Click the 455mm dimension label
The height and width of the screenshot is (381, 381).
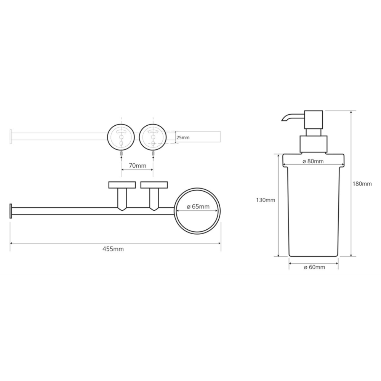[113, 249]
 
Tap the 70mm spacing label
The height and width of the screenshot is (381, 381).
[138, 166]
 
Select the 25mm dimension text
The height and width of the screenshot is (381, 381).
[183, 138]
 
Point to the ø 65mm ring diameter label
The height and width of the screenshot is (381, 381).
[198, 207]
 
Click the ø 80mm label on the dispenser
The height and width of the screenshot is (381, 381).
[313, 161]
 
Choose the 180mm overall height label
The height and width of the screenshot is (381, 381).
[362, 184]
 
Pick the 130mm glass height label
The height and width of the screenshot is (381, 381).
[266, 200]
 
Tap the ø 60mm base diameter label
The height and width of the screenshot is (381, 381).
[314, 267]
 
